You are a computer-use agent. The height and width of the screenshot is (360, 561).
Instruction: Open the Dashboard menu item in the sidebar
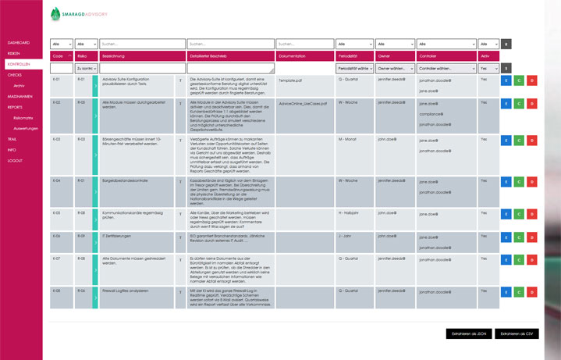18,41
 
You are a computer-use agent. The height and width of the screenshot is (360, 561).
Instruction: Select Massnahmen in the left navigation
20,96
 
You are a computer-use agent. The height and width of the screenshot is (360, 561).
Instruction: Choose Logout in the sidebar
15,160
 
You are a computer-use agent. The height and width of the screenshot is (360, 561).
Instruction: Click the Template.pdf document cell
290,80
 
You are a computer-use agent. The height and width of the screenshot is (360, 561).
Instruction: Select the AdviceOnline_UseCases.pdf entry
304,102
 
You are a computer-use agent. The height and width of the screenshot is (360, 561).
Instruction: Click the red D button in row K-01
532,80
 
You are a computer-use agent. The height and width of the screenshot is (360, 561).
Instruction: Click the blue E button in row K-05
506,213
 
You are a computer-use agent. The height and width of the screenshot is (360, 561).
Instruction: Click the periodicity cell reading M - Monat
346,139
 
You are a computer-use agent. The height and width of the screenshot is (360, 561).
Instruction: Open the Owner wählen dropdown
395,69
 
